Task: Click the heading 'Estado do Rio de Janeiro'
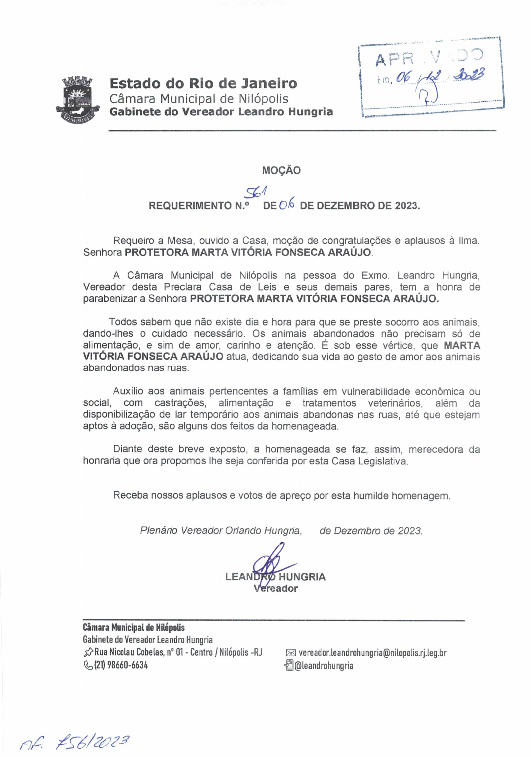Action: [x=203, y=83]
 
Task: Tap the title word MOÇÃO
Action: [x=281, y=170]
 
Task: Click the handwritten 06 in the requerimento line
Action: [x=287, y=206]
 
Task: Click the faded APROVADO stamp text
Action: [x=429, y=57]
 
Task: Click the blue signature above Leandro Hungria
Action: [x=271, y=562]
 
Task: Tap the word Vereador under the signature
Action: [x=276, y=588]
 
